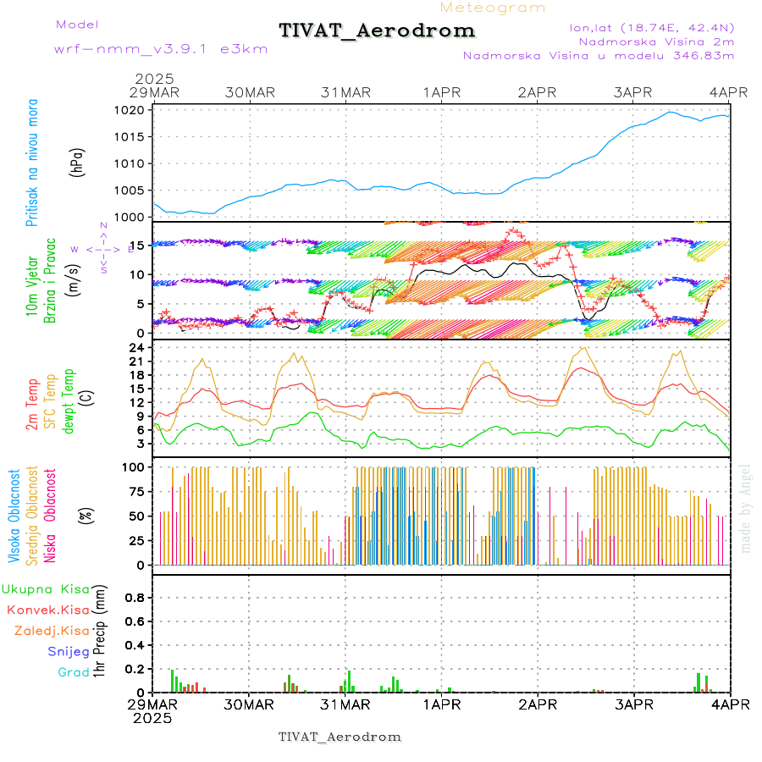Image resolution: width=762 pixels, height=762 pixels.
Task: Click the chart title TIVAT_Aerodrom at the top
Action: [377, 31]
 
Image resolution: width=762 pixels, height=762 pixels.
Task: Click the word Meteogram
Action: [493, 8]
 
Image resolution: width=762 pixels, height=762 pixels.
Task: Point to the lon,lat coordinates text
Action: [652, 27]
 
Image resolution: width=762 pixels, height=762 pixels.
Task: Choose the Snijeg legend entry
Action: [69, 651]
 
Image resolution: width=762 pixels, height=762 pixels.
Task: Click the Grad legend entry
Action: [74, 672]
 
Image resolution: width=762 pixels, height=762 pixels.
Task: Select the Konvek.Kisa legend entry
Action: [48, 610]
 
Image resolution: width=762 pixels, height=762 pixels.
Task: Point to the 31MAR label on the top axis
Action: [345, 92]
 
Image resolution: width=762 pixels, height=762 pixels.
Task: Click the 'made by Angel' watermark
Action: [745, 508]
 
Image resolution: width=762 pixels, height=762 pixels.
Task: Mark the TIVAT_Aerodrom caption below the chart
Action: [340, 737]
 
